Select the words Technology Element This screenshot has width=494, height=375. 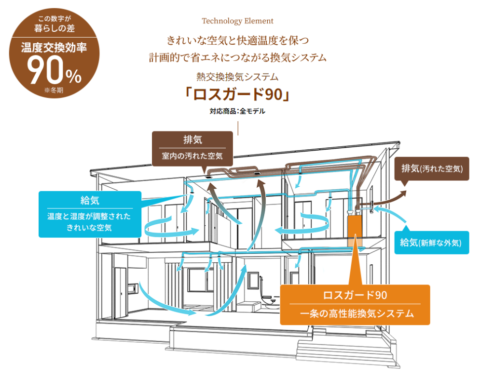237,21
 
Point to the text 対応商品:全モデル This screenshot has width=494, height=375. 237,111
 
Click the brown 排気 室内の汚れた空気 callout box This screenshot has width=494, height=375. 192,148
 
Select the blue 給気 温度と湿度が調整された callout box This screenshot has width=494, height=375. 90,214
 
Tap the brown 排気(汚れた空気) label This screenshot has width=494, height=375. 432,168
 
